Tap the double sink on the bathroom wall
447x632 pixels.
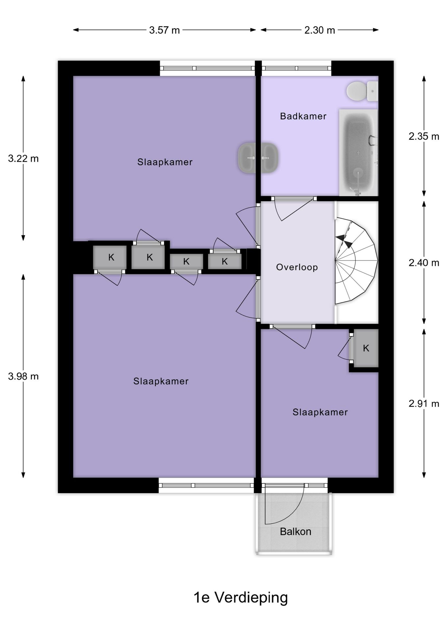[x=258, y=158]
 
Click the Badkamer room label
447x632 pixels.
[x=303, y=116]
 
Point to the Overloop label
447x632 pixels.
[x=297, y=267]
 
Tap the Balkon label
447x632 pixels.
[x=295, y=531]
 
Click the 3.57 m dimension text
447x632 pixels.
[x=164, y=30]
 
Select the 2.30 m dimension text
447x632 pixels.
[x=319, y=30]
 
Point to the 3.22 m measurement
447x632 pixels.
[x=23, y=159]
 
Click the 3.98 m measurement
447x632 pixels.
[x=23, y=376]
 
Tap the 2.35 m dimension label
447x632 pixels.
[x=424, y=136]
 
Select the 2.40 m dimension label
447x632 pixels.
[x=424, y=263]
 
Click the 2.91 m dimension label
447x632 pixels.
[x=424, y=404]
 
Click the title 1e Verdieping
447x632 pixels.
[x=241, y=597]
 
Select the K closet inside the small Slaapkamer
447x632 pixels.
[x=366, y=348]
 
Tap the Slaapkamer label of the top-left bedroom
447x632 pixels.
[x=165, y=162]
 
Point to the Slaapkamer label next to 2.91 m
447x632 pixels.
[x=320, y=412]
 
